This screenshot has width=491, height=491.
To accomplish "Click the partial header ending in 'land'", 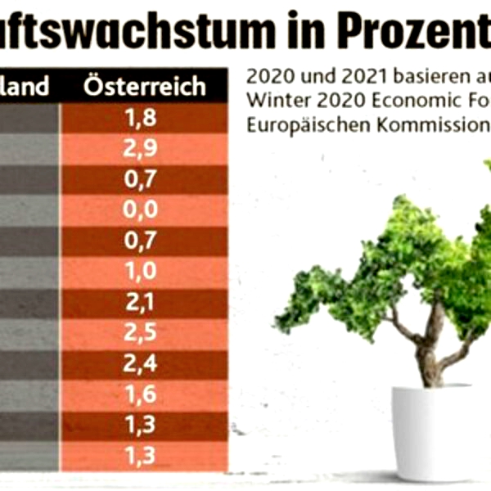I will pyautogui.click(x=29, y=86).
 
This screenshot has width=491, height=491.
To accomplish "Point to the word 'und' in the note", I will pyautogui.click(x=301, y=80).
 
